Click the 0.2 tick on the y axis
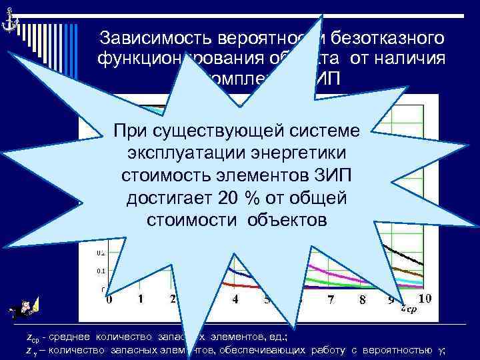101,253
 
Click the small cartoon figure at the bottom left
25,309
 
